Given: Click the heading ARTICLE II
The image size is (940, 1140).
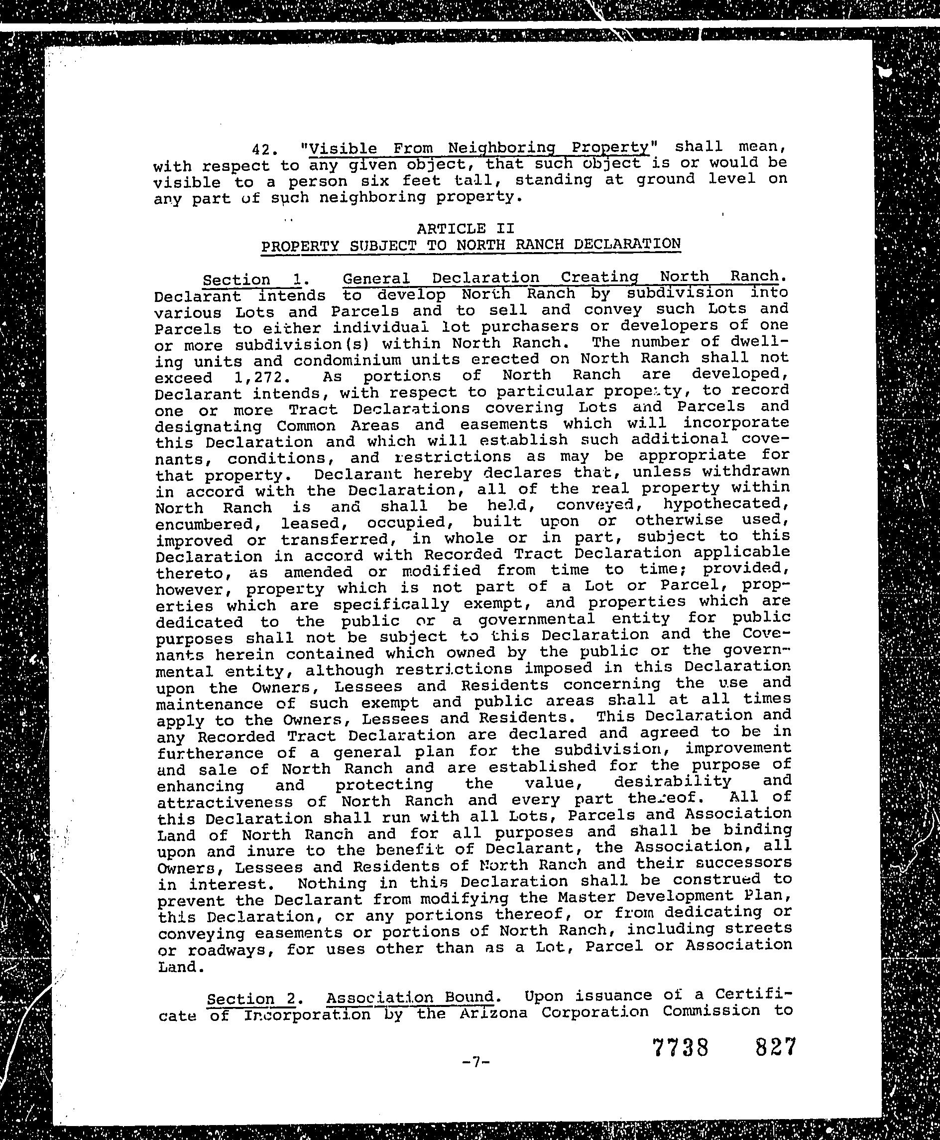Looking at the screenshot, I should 465,228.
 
